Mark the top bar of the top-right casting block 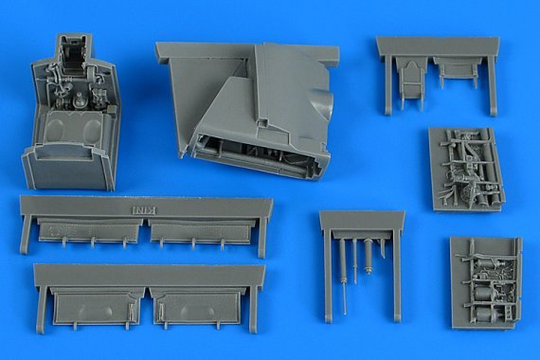click(x=437, y=45)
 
